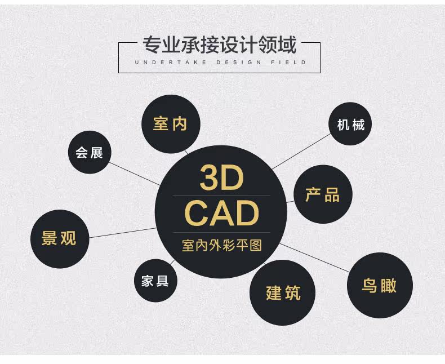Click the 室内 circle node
click(x=170, y=123)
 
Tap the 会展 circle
click(x=89, y=152)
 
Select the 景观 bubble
click(x=59, y=238)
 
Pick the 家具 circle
click(x=155, y=281)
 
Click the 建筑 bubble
click(x=283, y=292)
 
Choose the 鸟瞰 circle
click(x=379, y=285)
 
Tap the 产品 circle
click(x=323, y=194)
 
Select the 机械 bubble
click(x=351, y=124)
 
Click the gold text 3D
click(x=221, y=179)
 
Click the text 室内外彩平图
click(x=222, y=246)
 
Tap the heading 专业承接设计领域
click(x=219, y=45)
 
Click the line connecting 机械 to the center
click(x=301, y=152)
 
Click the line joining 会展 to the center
click(x=135, y=174)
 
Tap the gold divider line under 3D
click(x=221, y=196)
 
